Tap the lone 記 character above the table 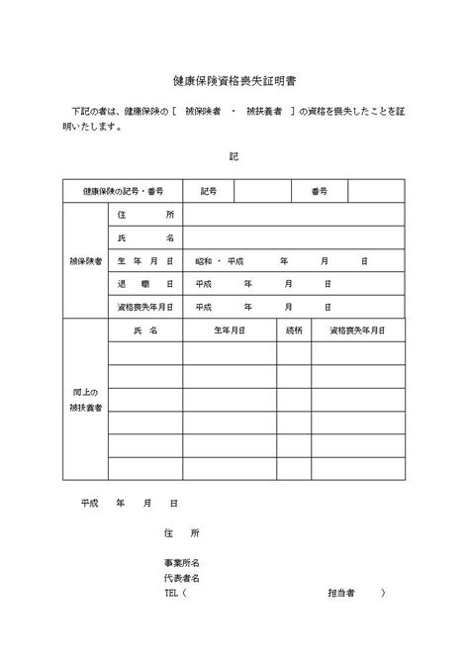tap(233, 156)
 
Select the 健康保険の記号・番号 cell tap(124, 191)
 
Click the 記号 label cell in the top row tap(208, 191)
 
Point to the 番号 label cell tap(319, 191)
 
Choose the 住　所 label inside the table tap(144, 215)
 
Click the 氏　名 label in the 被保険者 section tap(144, 238)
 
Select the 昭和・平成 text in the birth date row tap(220, 261)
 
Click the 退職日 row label tap(144, 284)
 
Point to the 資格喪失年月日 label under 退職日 tap(144, 307)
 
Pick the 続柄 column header tap(294, 330)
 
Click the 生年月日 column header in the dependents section tap(229, 330)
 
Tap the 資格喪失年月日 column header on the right tap(357, 330)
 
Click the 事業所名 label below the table tap(182, 561)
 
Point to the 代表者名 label tap(182, 577)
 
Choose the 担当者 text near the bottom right tap(341, 594)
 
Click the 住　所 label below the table tap(182, 532)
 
